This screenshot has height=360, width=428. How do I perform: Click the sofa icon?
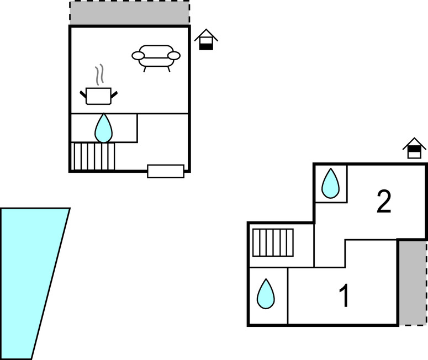tap(156, 56)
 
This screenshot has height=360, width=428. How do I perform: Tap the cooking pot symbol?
tap(99, 96)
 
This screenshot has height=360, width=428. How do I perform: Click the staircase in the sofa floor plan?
tap(93, 156)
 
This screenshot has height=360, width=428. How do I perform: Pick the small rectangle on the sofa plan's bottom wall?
tap(166, 171)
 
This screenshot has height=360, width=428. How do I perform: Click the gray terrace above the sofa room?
tap(129, 13)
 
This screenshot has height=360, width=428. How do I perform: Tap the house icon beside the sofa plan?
tap(206, 39)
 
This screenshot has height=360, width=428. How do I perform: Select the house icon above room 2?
tap(414, 148)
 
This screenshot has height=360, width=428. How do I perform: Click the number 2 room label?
tap(384, 202)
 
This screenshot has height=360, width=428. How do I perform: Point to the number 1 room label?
tap(344, 296)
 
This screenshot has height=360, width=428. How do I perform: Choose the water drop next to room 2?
tap(330, 183)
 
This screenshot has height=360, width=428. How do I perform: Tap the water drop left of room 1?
tap(266, 294)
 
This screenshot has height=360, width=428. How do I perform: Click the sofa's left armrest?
tap(138, 55)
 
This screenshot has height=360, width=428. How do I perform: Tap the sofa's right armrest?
tap(174, 55)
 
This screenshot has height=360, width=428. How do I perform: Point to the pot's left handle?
tap(83, 95)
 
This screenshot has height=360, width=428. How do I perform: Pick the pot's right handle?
tap(115, 95)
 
